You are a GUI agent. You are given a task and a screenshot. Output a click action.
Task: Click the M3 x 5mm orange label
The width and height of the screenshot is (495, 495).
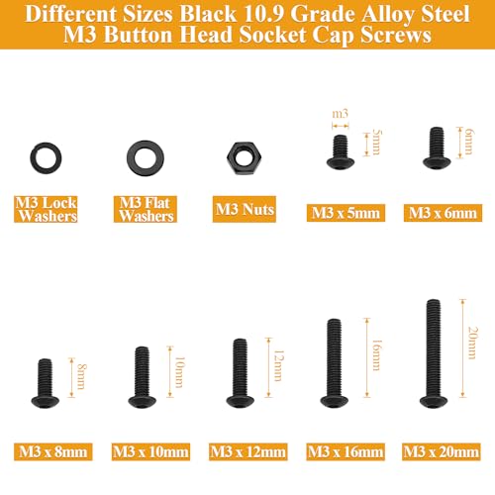[x=346, y=213]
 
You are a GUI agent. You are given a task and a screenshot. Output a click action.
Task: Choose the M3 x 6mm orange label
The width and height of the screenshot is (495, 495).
[x=443, y=213]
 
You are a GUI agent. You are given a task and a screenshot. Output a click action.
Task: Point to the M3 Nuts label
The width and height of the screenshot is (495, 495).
[x=245, y=209]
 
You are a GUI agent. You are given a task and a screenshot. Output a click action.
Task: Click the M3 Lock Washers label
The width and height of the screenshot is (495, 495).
[x=46, y=209]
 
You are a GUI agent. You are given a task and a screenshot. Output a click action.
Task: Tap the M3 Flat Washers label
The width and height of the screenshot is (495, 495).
[x=146, y=209]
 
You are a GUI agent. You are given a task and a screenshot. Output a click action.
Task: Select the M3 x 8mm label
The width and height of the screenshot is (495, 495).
[x=53, y=451]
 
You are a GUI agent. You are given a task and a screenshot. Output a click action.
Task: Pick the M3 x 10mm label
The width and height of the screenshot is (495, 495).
[x=150, y=451]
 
